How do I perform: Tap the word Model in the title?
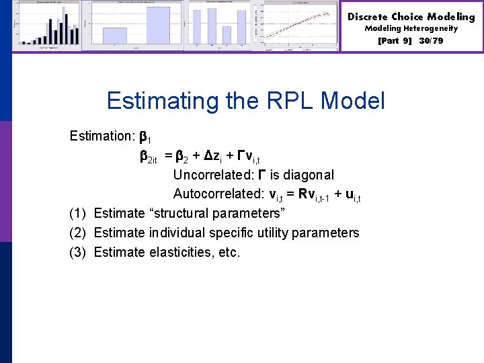pyautogui.click(x=353, y=102)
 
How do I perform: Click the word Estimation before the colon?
pyautogui.click(x=102, y=136)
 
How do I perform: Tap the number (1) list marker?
pyautogui.click(x=78, y=214)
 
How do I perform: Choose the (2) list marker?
pyautogui.click(x=78, y=233)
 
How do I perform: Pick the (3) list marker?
pyautogui.click(x=78, y=253)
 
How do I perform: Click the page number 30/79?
pyautogui.click(x=430, y=41)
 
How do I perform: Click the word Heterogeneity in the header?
pyautogui.click(x=431, y=29)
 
